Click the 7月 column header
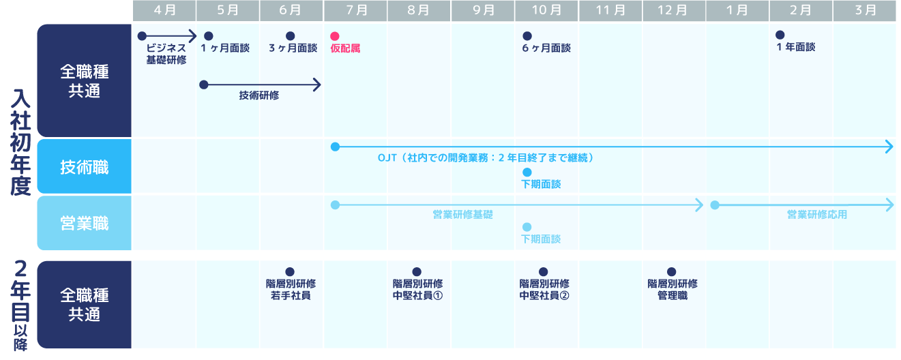[355, 10]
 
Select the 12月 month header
[673, 10]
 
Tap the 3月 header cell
[865, 10]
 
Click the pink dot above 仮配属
[334, 36]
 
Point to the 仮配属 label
[345, 48]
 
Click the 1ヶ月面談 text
[226, 48]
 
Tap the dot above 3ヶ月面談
[290, 36]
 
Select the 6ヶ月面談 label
[546, 48]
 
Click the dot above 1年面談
[780, 35]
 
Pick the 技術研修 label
[259, 96]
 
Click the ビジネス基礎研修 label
[166, 54]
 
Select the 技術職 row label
[85, 167]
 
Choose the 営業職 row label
[85, 223]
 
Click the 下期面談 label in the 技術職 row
[541, 184]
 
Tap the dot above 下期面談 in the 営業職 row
[527, 227]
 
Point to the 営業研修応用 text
[816, 215]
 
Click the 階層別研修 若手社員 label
[291, 290]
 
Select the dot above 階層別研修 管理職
[671, 271]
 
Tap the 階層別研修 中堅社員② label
[544, 290]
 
